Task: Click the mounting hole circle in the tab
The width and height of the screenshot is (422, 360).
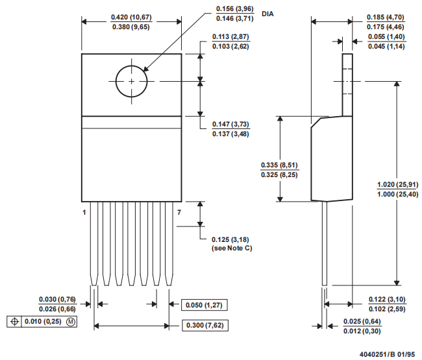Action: tap(132, 81)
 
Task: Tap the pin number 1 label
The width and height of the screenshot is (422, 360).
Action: tap(84, 212)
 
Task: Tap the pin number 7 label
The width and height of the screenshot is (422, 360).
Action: tap(180, 212)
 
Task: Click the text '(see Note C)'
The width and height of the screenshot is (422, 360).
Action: tap(234, 249)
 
